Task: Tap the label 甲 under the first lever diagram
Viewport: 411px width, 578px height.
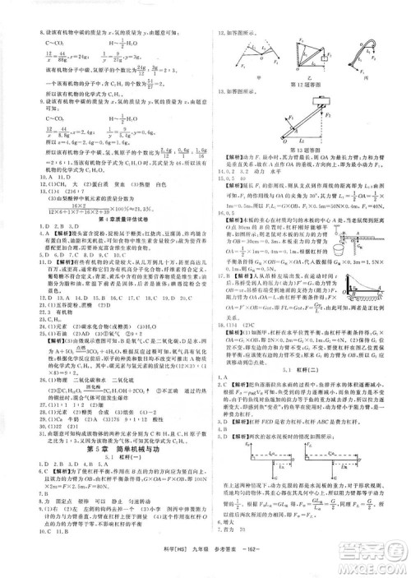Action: click(x=247, y=72)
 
